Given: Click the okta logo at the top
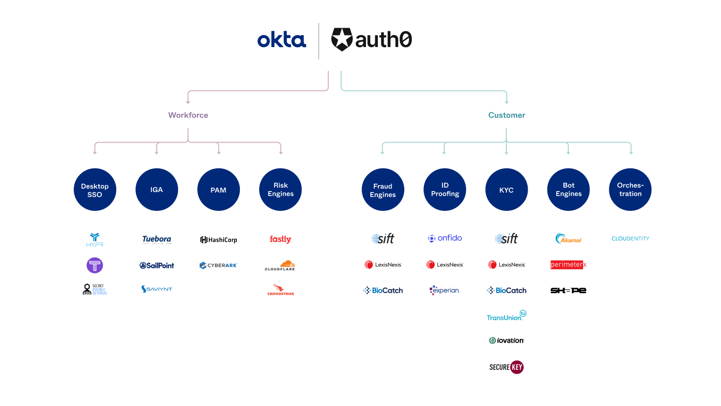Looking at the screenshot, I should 281,40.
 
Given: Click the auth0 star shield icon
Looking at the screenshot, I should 342,39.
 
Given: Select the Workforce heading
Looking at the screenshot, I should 188,115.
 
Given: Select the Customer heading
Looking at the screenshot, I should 506,115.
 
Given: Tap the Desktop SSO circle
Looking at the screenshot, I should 95,190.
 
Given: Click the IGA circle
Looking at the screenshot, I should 157,190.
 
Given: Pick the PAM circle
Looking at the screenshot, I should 219,190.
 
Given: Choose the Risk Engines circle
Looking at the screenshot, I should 280,190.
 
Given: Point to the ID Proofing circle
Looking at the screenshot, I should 445,190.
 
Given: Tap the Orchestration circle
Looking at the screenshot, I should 630,190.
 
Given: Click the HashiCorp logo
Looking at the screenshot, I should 219,240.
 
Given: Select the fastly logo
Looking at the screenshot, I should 280,239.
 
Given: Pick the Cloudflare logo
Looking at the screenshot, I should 280,265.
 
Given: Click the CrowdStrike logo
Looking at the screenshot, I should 280,290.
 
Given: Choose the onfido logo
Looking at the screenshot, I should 445,238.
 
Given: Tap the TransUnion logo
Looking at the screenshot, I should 506,316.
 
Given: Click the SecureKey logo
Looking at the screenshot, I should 506,367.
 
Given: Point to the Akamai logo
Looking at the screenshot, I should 568,239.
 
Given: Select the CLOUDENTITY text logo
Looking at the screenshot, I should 630,239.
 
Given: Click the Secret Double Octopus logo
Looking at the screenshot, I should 94,289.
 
